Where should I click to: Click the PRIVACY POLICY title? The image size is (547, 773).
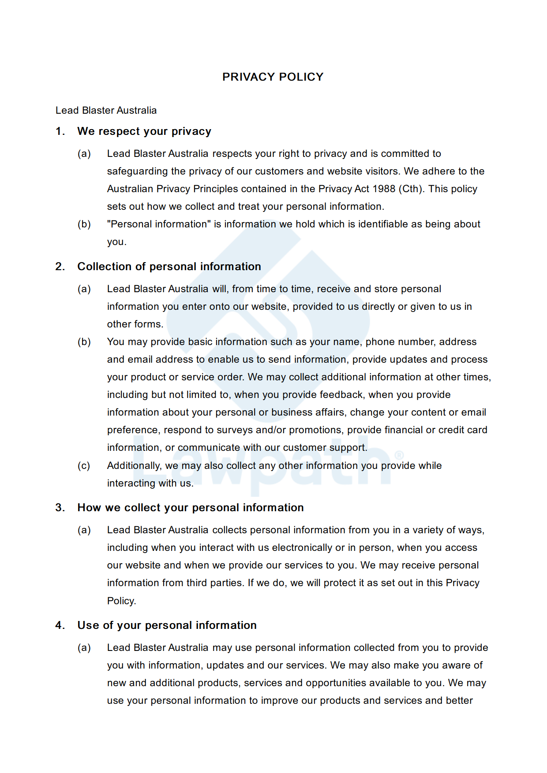click(x=273, y=77)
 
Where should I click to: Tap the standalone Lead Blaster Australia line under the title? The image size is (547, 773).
click(x=106, y=110)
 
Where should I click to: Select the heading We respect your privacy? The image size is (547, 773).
click(x=144, y=131)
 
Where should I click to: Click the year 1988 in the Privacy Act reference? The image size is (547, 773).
click(x=384, y=189)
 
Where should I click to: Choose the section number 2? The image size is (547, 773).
click(x=60, y=267)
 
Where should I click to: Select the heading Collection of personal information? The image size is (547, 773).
click(x=169, y=267)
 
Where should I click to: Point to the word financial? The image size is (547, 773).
click(x=404, y=430)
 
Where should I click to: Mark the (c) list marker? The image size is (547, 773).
click(x=84, y=466)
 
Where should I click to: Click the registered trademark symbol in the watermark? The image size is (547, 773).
click(x=399, y=455)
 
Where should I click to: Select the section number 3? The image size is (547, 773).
click(x=60, y=508)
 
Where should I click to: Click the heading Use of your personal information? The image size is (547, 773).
click(x=167, y=625)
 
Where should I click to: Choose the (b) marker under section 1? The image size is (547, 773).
click(x=84, y=224)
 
